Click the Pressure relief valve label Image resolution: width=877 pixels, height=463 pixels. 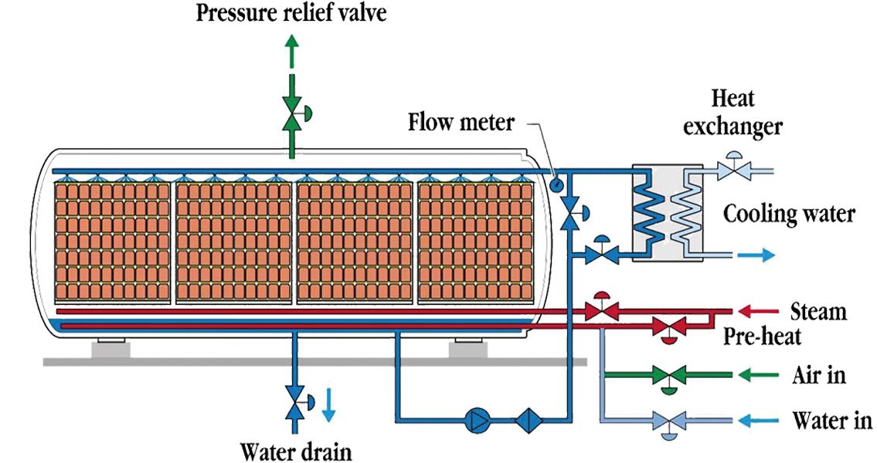291,13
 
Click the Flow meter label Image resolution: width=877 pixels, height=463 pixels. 461,122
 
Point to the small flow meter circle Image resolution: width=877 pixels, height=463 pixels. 555,184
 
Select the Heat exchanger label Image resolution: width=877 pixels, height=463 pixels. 733,111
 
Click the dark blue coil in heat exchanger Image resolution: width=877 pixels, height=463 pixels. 650,208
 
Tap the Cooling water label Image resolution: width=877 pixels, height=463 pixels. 788,213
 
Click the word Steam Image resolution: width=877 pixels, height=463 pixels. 818,312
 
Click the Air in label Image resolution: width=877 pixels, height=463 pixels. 818,376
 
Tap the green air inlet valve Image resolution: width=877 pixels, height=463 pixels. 666,377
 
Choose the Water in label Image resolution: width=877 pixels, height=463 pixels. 831,421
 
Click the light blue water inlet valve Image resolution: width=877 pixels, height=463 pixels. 666,421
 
